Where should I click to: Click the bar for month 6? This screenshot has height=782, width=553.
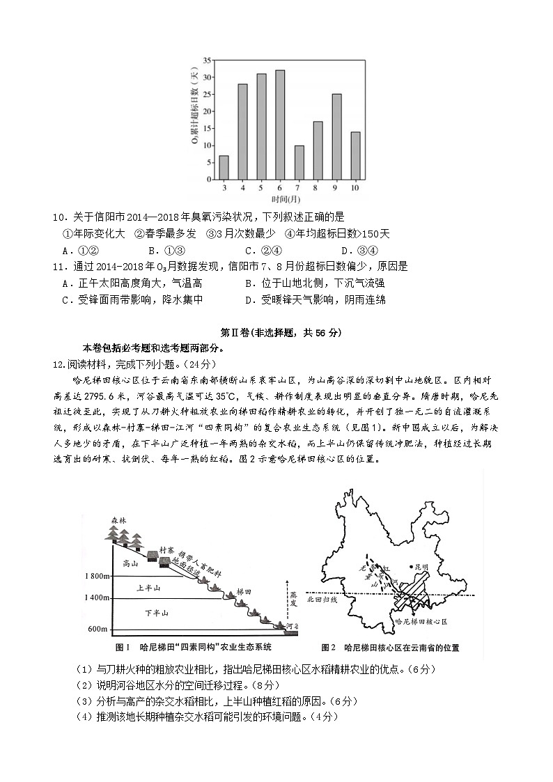(280, 125)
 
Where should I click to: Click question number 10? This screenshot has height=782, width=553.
(58, 217)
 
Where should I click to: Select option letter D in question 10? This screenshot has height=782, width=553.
(345, 251)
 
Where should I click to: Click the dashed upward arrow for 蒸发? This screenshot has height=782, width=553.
(286, 599)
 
